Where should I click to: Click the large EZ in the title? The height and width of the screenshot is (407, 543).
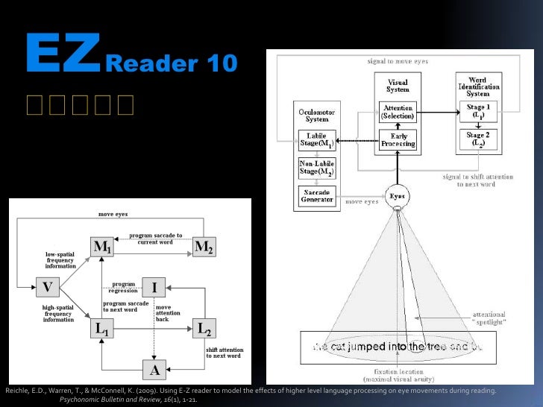[63, 56]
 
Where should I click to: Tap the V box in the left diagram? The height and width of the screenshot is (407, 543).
[47, 286]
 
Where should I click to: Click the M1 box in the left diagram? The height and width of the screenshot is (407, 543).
[103, 247]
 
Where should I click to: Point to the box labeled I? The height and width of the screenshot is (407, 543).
[154, 287]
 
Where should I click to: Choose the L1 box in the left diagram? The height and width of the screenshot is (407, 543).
[103, 327]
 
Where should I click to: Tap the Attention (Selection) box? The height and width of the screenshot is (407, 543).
[398, 112]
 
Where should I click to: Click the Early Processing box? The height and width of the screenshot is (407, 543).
[398, 139]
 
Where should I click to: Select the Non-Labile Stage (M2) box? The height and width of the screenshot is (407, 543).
[317, 168]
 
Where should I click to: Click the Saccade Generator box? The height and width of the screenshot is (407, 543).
[317, 196]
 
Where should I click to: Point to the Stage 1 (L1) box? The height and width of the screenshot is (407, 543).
[477, 112]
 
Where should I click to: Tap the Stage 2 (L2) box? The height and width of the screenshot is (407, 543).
[477, 139]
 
